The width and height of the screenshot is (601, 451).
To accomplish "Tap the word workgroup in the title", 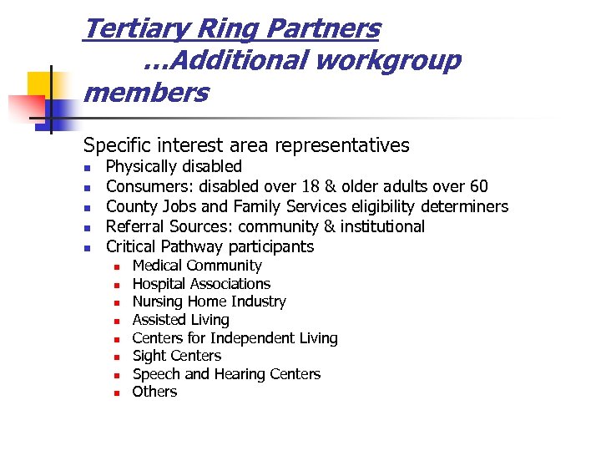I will pyautogui.click(x=394, y=61).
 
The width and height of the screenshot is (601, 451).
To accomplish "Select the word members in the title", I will pyautogui.click(x=146, y=92).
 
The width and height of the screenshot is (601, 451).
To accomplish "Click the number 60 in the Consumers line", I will pyautogui.click(x=478, y=186).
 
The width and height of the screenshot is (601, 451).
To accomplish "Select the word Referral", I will pyautogui.click(x=134, y=226).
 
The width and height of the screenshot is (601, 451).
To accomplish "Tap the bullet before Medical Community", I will pyautogui.click(x=118, y=267).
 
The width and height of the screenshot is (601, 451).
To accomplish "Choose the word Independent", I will pyautogui.click(x=250, y=338).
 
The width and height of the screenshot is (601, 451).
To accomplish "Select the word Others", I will pyautogui.click(x=154, y=392).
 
